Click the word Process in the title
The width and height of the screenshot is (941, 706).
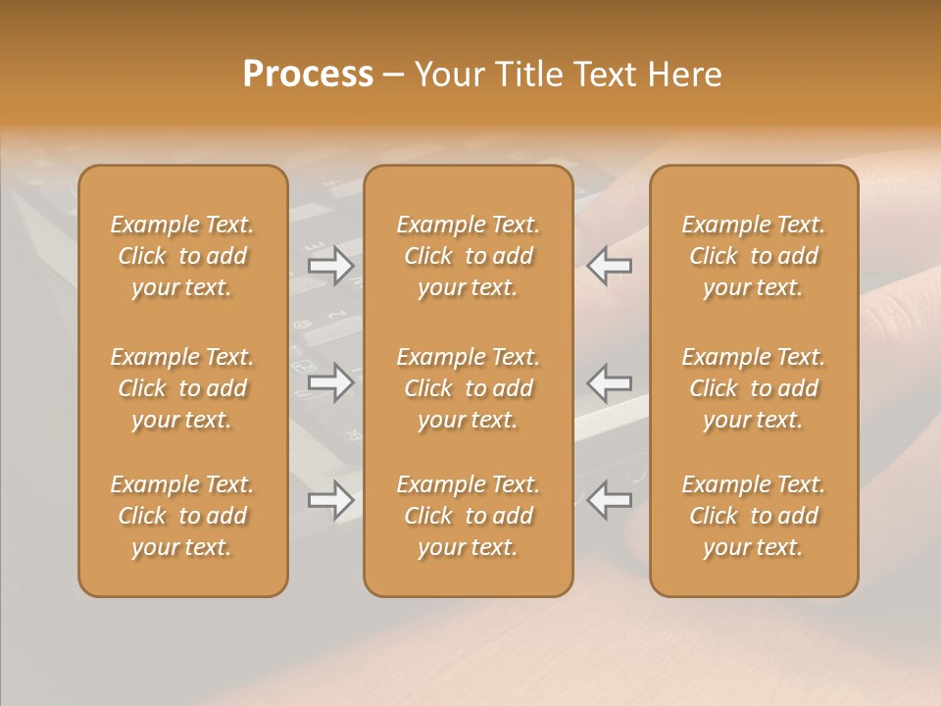coord(308,75)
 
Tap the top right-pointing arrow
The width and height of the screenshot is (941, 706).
coord(330,266)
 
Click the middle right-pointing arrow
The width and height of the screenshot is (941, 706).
coord(330,381)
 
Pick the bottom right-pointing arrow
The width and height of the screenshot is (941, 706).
coord(330,500)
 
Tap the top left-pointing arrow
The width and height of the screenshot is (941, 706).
coord(610,266)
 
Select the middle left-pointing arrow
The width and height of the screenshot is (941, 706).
coord(610,381)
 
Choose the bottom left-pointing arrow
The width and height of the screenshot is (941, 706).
coord(610,500)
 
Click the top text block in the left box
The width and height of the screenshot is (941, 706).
coord(182,256)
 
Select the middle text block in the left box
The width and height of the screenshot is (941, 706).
coord(182,388)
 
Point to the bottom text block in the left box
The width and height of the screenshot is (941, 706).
coord(182,516)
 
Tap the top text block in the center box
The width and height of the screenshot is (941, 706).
coord(469,256)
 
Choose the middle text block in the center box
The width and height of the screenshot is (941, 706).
coord(469,388)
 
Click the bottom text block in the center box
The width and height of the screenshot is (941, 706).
coord(469,516)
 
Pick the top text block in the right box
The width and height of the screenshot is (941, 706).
coord(754,256)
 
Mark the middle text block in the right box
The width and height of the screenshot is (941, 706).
coord(754,388)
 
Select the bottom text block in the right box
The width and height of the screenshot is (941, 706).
coord(754,516)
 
